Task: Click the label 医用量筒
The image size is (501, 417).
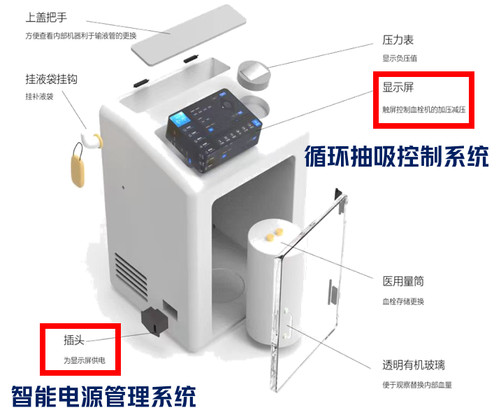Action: [x=403, y=283]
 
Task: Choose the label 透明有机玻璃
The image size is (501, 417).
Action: [x=414, y=365]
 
